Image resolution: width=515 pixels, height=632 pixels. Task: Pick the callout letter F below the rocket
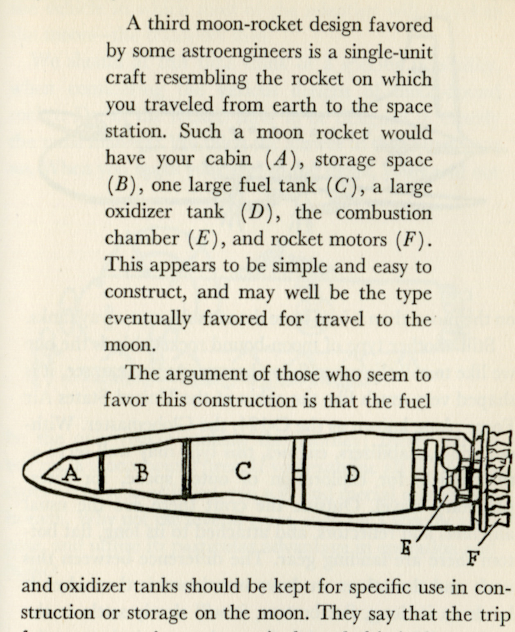[x=473, y=558]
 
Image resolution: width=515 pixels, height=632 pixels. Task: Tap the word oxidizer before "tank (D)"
[x=138, y=212]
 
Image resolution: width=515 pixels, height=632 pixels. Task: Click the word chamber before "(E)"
[x=142, y=239]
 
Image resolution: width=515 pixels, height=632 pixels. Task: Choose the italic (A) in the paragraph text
[x=280, y=159]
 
